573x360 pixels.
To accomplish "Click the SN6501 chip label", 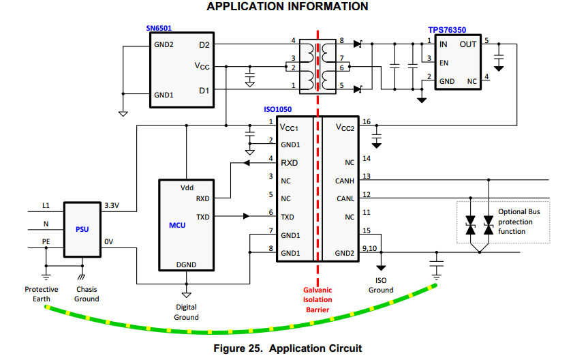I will point(159,29).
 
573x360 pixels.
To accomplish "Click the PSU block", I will point(82,229).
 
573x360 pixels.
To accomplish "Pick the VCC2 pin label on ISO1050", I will point(346,127).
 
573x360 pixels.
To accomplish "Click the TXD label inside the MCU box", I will point(202,217).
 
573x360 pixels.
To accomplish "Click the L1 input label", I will point(46,205).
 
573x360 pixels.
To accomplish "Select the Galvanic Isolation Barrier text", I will point(318,299).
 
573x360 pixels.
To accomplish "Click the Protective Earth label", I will point(42,294).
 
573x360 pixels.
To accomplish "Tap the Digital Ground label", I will point(186,312).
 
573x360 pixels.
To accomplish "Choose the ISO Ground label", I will point(381,285).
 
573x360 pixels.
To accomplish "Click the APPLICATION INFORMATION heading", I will point(287,7).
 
